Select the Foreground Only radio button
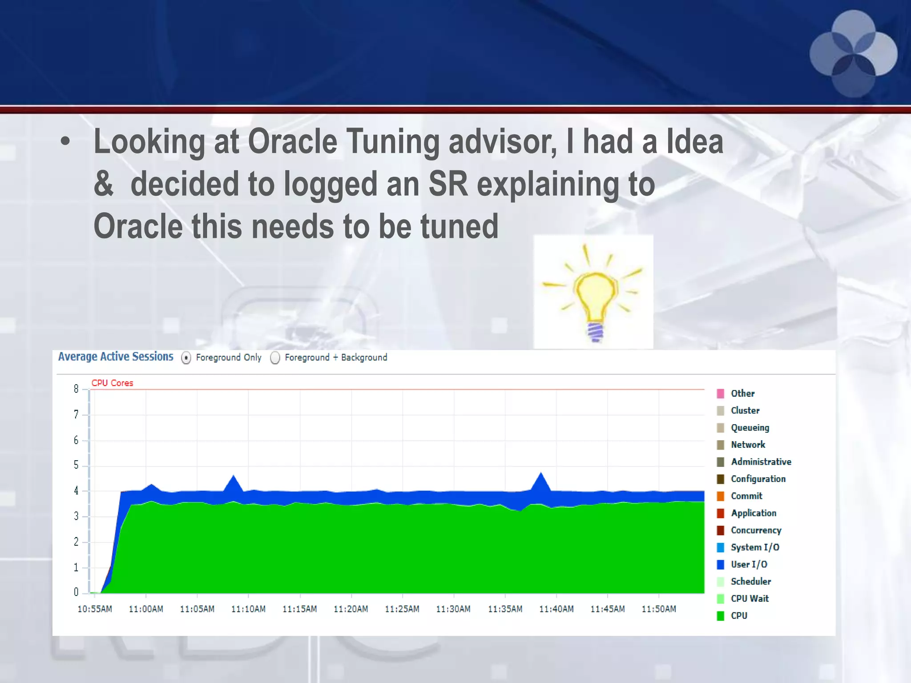[186, 358]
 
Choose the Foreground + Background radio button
[275, 358]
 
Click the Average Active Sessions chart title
[116, 357]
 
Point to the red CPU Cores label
[112, 383]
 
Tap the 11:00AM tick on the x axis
[146, 609]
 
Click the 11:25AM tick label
[402, 609]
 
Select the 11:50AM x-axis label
[659, 609]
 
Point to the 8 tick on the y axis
[76, 389]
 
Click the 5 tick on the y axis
[76, 465]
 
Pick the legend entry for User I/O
[749, 564]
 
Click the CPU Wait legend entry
[750, 599]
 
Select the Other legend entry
[742, 394]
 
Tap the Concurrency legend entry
[756, 530]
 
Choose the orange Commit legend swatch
[721, 496]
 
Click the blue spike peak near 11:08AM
[234, 477]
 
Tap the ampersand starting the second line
[103, 184]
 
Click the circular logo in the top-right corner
[853, 53]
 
